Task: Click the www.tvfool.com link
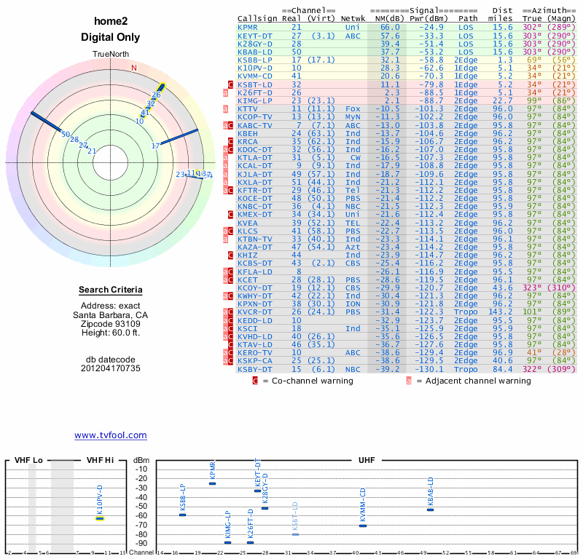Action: tap(111, 435)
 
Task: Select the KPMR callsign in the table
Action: tap(248, 27)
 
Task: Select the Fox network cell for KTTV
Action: tap(353, 108)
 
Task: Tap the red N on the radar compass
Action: tap(133, 68)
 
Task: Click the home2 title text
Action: tap(111, 23)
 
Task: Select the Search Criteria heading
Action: tap(111, 290)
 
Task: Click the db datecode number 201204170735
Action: tap(111, 368)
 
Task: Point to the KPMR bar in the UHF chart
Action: tap(213, 483)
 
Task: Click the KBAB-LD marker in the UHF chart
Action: tap(430, 510)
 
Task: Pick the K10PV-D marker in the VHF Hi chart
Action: tap(100, 518)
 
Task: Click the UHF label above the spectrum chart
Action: tap(367, 461)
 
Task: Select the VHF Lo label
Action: tap(28, 461)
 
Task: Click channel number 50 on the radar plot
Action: tap(66, 135)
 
